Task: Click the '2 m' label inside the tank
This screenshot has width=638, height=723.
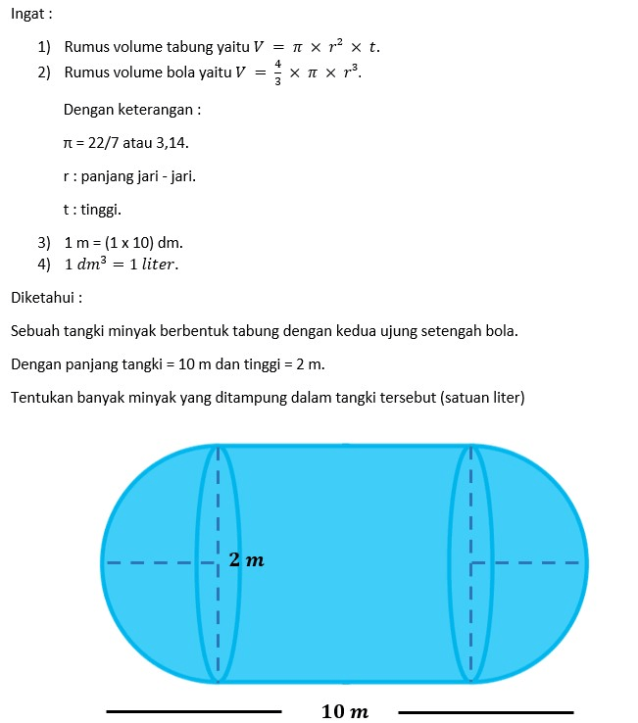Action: point(246,560)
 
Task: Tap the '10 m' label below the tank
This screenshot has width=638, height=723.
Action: point(345,711)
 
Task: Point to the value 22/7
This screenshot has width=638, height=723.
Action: point(99,143)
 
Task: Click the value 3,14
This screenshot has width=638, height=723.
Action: point(171,143)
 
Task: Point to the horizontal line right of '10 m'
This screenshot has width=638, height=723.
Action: point(486,711)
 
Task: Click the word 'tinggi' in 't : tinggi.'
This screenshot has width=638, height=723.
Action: point(99,209)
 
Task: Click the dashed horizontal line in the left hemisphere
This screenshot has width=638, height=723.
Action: point(152,563)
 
